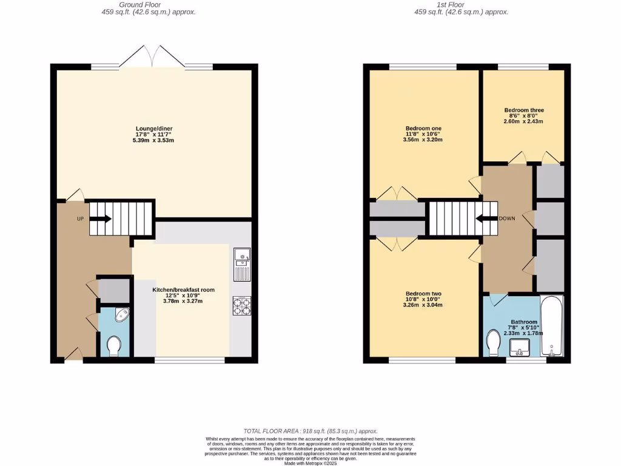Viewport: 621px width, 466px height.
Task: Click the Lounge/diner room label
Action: (x=153, y=129)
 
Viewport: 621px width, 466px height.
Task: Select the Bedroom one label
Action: (x=423, y=129)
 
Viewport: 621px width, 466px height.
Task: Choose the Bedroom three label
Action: (x=524, y=110)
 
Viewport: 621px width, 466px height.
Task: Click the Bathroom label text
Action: (x=524, y=322)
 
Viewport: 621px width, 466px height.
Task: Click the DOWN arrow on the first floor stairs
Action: (x=486, y=219)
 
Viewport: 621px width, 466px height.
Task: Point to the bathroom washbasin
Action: (x=520, y=348)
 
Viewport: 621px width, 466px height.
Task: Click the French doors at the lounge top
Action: (x=152, y=57)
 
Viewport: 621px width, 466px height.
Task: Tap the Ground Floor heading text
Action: (x=149, y=4)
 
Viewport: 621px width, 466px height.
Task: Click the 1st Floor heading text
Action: (x=462, y=4)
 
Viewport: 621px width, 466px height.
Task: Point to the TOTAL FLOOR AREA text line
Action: (x=310, y=430)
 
